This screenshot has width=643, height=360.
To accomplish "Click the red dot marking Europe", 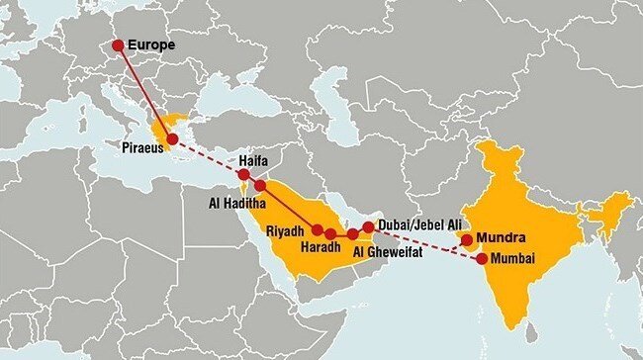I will click(118, 45).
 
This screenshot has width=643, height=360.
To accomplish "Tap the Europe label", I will click(150, 45).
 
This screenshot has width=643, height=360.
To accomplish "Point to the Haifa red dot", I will click(243, 173).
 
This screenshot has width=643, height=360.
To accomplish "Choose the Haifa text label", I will click(254, 159).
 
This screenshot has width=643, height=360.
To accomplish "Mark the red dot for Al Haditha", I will click(260, 185).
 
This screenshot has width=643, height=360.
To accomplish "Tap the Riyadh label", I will click(287, 230).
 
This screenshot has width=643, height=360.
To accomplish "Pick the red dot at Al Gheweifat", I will click(352, 233).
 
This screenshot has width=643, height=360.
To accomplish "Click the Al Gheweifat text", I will click(393, 252).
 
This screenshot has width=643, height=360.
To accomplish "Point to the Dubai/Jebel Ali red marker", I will click(368, 226).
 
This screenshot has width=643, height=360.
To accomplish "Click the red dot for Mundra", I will click(466, 239).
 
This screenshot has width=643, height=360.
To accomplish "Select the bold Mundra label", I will click(500, 237).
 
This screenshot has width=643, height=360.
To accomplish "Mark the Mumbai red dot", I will click(482, 259).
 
